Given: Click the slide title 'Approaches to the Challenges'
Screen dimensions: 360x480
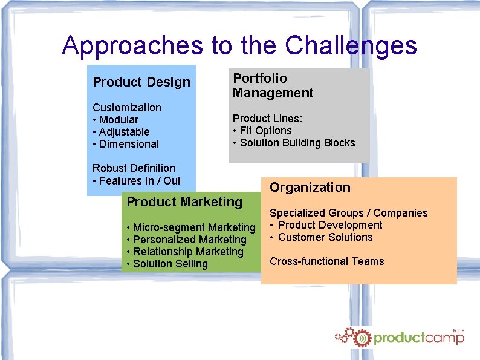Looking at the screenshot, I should pos(239,45).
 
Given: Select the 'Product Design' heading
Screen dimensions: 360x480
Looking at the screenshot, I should pos(141,82).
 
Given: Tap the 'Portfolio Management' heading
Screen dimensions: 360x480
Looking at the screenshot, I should pos(273,86).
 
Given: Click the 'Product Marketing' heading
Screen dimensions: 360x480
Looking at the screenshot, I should pos(184,202).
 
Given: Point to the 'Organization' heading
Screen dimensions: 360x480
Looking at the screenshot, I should pos(310,188).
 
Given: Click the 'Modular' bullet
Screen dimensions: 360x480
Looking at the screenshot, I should pos(118,120).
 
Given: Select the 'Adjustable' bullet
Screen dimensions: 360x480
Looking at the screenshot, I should pos(124,132).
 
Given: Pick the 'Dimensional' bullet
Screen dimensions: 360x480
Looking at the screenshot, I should pos(129,144).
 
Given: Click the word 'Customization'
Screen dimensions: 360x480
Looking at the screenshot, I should pos(127,108).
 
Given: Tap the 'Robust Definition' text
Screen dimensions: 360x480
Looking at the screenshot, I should pos(134,168).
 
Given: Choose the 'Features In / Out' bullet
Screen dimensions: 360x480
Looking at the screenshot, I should pos(139,180).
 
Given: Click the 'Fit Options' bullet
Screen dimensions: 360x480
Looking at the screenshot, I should pos(265,131).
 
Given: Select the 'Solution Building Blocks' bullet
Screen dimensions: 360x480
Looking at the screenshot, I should pos(297,143).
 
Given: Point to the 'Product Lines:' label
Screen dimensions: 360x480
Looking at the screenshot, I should pos(267,119).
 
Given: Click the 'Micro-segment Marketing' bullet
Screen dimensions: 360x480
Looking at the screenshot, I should pos(193,227).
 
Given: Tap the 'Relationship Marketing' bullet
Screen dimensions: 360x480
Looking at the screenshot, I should pos(187,252).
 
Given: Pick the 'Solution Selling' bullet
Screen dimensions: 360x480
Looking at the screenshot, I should pos(170,264).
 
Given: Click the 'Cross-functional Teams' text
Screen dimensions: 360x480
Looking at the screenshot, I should pos(326,261).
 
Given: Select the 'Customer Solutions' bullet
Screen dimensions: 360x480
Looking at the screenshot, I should pos(325,237).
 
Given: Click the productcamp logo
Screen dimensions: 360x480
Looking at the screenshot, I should pos(400,337).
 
